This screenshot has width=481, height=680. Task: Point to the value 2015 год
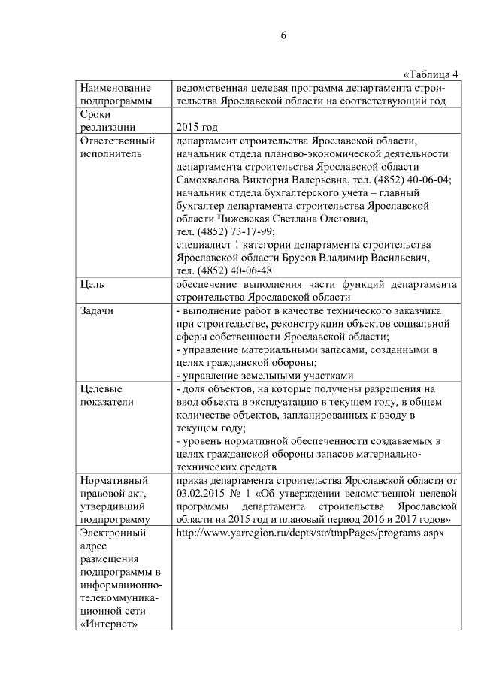[x=196, y=128]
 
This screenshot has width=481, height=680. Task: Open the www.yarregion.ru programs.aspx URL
[x=310, y=532]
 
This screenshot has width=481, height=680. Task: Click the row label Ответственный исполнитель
[x=116, y=147]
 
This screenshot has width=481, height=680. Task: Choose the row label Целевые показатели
[x=107, y=395]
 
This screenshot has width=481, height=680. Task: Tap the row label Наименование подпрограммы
[x=114, y=94]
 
